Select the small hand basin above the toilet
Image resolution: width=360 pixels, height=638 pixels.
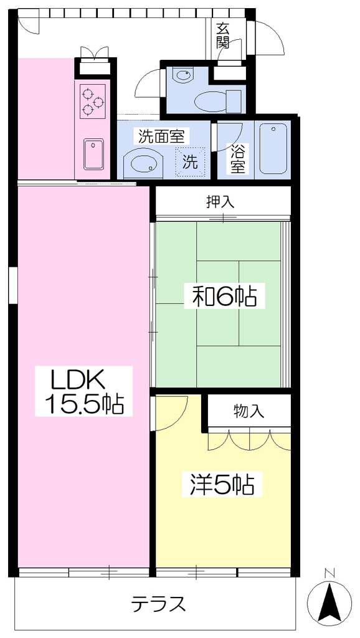tap(181, 75)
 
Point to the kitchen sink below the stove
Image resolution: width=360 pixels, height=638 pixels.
tap(94, 154)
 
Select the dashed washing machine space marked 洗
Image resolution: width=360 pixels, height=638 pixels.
tap(190, 162)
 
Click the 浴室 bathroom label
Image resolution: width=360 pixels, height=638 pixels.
tap(239, 160)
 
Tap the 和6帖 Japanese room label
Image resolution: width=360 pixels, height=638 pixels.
tap(220, 297)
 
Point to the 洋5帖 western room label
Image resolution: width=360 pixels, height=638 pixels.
tap(222, 483)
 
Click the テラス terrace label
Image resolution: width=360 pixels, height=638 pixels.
tap(159, 603)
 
